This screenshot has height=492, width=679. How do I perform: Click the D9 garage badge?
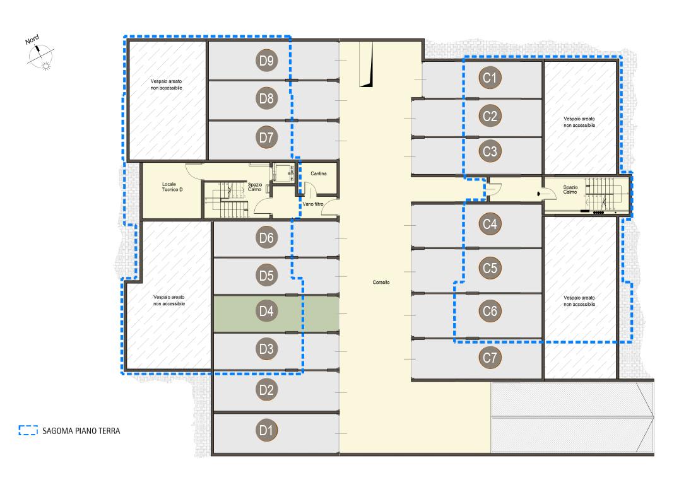point(266,60)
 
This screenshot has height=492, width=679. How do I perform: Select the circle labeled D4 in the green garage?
point(266,311)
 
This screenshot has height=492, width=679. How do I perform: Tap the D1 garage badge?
point(266,430)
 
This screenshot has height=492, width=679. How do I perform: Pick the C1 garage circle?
point(490,78)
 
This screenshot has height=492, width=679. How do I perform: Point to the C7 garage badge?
point(490,358)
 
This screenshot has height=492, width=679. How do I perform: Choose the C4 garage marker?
point(490,224)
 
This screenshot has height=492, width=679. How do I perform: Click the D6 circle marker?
point(266,238)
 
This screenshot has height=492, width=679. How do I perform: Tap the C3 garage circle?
point(490,151)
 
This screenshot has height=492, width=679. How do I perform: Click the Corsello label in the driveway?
point(381,282)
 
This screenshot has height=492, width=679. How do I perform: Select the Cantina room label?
point(319,173)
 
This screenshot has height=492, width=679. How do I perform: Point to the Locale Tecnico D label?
point(172,187)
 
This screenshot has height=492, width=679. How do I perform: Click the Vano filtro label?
point(312,204)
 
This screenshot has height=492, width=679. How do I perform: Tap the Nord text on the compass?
point(32,39)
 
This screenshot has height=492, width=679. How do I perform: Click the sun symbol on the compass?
point(46,66)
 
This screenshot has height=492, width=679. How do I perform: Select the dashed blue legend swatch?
point(28,430)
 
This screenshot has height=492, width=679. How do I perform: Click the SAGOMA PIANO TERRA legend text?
point(81,431)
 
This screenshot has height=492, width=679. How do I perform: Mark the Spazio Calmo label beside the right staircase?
point(570,189)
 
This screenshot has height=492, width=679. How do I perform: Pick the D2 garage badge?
point(266,390)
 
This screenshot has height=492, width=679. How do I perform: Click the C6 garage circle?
point(490,311)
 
